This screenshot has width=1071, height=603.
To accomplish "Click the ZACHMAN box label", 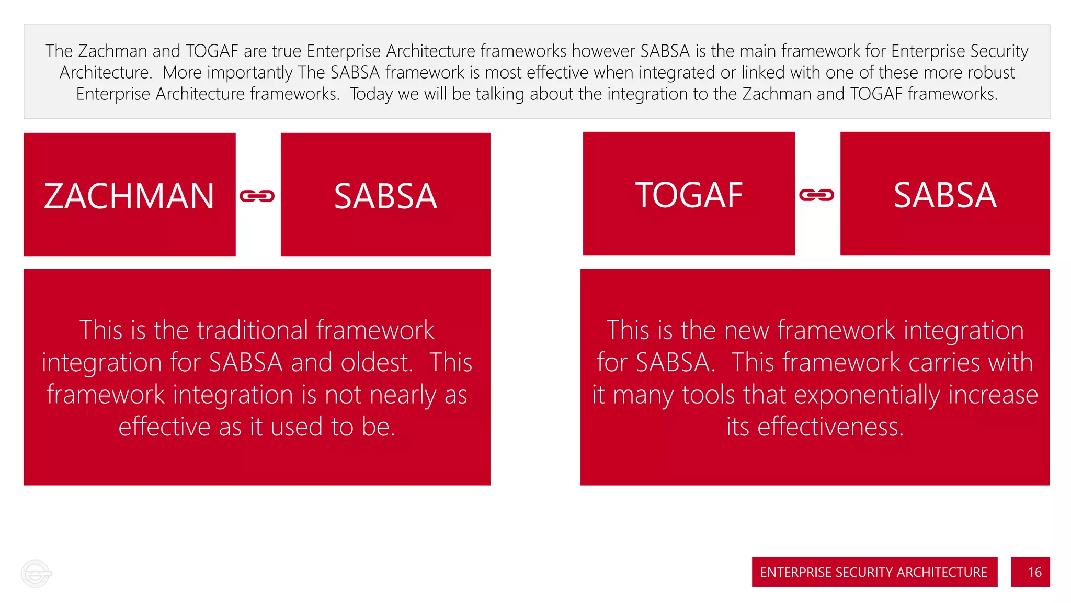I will [x=129, y=196].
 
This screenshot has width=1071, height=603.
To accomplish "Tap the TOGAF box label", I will [x=689, y=195].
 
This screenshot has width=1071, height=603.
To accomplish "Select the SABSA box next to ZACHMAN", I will [x=385, y=196].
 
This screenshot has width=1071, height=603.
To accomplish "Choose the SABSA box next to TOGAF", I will [x=944, y=195].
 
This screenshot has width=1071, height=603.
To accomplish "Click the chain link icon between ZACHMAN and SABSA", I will [x=257, y=196].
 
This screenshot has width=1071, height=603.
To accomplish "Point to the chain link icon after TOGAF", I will [x=816, y=195].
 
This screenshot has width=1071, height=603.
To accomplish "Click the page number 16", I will [x=1034, y=572].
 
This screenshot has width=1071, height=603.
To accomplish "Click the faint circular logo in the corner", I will [x=36, y=574].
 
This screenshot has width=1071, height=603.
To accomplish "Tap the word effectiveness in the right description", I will [x=830, y=427].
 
